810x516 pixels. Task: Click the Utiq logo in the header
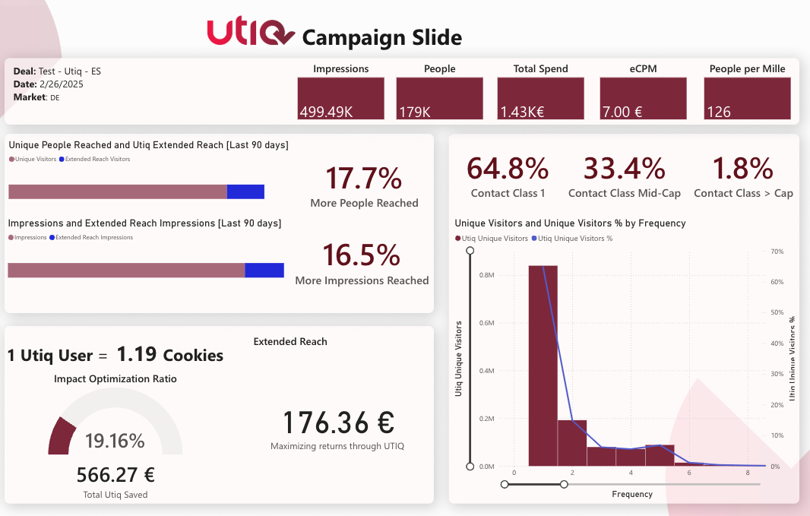(251, 33)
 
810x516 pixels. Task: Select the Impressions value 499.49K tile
(341, 99)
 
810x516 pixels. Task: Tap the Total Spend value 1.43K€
(540, 99)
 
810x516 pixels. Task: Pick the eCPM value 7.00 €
(643, 99)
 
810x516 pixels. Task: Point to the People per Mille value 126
(747, 99)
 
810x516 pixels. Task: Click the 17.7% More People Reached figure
(364, 178)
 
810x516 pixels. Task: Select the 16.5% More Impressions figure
(362, 255)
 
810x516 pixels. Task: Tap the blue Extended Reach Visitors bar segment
(245, 192)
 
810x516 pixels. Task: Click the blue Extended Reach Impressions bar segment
(264, 270)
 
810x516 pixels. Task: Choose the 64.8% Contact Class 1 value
(508, 168)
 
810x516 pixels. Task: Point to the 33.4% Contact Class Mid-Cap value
(624, 168)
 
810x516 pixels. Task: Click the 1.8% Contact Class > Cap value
(743, 168)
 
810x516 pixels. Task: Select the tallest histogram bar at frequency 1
(543, 365)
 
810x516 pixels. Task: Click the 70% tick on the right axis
(777, 251)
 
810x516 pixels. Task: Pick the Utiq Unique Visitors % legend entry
(575, 239)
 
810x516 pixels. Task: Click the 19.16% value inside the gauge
(115, 441)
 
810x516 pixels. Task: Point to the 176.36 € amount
(338, 423)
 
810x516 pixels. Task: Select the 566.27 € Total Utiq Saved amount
(115, 476)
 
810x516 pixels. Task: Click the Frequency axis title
(631, 494)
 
